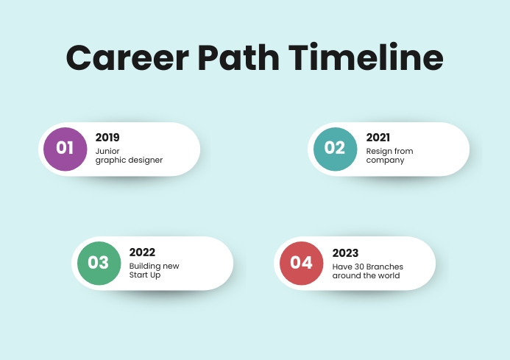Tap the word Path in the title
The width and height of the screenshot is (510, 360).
pos(242,57)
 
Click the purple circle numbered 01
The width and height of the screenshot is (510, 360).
pos(65,148)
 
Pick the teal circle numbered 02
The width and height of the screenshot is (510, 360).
pos(335,148)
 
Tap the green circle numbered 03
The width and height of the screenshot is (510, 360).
pos(99,263)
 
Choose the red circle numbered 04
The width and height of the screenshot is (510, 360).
pos(301,263)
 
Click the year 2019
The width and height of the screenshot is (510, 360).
pos(107,137)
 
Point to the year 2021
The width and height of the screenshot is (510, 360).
pos(378,137)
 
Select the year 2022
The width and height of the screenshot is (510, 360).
pos(142,252)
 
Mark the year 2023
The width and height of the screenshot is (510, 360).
pos(345,252)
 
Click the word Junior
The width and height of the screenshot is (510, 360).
pos(107,151)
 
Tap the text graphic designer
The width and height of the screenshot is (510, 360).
pos(129,160)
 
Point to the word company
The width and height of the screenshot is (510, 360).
pos(385,160)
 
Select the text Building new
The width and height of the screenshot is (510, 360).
pos(154,266)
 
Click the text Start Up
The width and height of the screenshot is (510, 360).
pos(144,275)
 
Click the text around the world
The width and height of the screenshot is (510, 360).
pos(366,275)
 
